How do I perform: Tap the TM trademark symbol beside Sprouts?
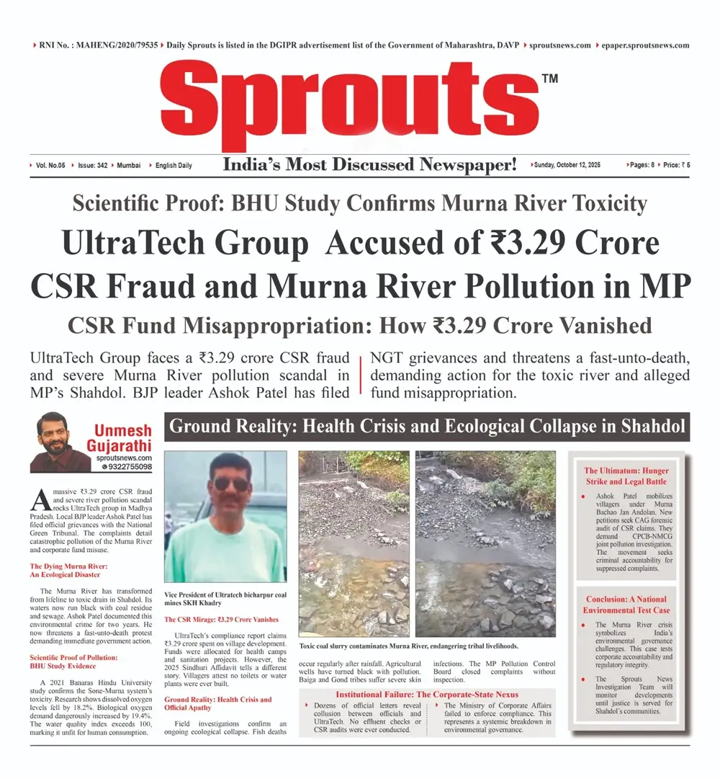549,79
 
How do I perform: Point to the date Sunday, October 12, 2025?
567,165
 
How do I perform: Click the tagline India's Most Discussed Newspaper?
370,165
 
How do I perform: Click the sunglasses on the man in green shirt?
231,483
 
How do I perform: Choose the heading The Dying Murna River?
65,570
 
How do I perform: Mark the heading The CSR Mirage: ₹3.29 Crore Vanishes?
221,619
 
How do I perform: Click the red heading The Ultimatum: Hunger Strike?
625,476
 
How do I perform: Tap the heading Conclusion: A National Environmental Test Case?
626,605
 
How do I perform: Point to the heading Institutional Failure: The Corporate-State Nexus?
427,694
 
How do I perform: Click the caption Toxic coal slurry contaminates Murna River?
408,646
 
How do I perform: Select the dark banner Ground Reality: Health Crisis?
426,427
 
